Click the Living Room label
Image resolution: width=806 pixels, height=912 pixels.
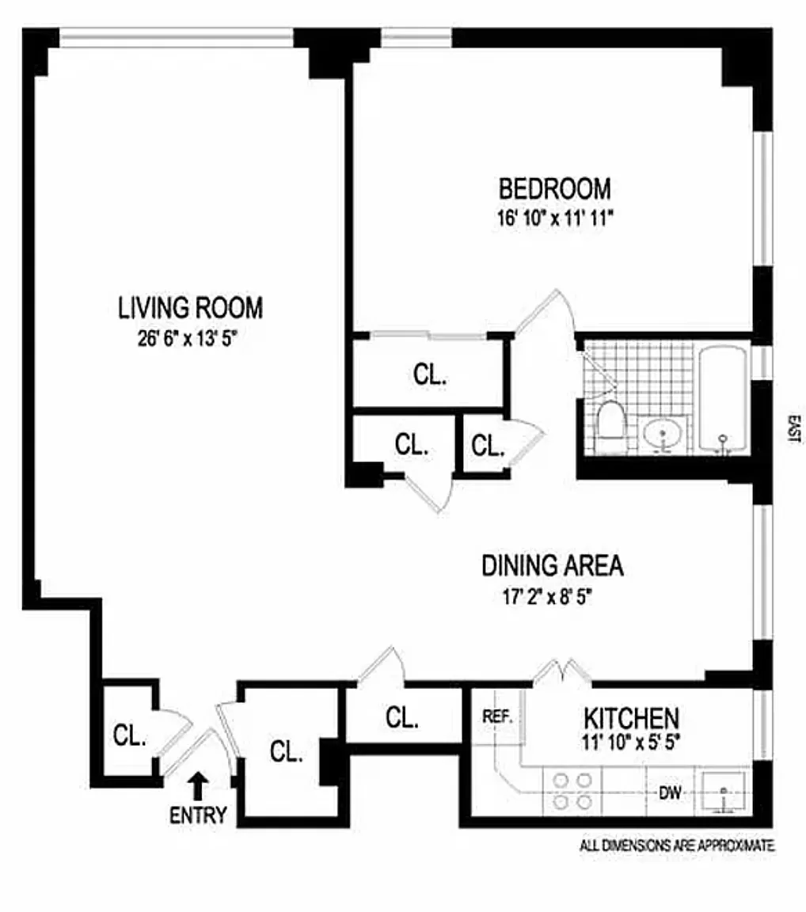pyautogui.click(x=190, y=307)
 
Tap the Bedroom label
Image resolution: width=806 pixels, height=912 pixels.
pyautogui.click(x=554, y=189)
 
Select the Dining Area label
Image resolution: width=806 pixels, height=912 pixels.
pyautogui.click(x=553, y=566)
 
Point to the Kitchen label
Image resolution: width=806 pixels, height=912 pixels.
pyautogui.click(x=631, y=718)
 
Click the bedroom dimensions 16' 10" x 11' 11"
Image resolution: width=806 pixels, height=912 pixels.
pyautogui.click(x=554, y=217)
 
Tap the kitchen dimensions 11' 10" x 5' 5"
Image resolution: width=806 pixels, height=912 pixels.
pyautogui.click(x=630, y=743)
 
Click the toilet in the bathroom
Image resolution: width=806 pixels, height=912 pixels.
pyautogui.click(x=610, y=424)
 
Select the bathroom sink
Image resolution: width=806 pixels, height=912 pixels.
pyautogui.click(x=663, y=434)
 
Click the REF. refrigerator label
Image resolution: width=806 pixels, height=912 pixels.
pyautogui.click(x=498, y=717)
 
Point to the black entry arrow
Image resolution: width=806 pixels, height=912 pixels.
pyautogui.click(x=198, y=786)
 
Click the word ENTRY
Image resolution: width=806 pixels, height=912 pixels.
pyautogui.click(x=198, y=815)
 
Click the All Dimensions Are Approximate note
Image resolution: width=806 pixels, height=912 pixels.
pyautogui.click(x=677, y=846)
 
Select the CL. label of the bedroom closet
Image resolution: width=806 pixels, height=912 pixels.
pyautogui.click(x=430, y=375)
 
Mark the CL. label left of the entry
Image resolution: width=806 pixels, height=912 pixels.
pyautogui.click(x=129, y=735)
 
